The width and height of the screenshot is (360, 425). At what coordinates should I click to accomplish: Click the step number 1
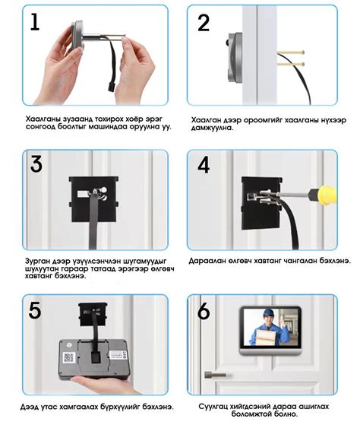[x=35, y=22]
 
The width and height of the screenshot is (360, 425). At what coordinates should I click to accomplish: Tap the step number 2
[x=204, y=23]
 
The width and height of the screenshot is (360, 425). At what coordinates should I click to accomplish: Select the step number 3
[x=36, y=164]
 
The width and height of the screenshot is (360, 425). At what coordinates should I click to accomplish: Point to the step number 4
[x=204, y=165]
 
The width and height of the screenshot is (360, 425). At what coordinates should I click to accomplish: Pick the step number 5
[x=35, y=310]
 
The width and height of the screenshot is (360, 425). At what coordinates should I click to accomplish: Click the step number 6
[x=204, y=311]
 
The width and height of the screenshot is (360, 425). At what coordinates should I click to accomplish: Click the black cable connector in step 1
[x=112, y=87]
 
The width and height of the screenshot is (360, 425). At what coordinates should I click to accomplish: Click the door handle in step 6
[x=216, y=375]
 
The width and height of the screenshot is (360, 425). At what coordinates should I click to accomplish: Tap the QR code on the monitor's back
[x=68, y=358]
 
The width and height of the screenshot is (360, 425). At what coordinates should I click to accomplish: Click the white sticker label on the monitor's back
[x=118, y=355]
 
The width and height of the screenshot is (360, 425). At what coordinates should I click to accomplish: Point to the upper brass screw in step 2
[x=291, y=52]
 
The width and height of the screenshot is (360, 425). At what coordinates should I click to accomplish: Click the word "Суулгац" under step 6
[x=213, y=407]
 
